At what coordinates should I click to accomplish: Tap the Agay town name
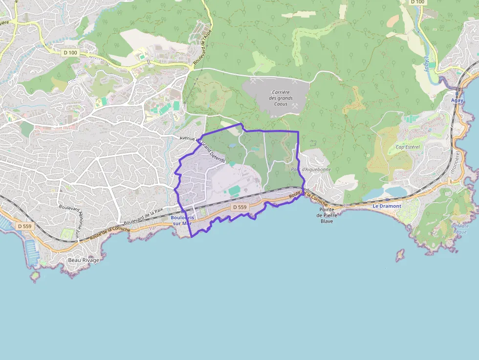(x=457, y=100)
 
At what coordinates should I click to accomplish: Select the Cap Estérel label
(x=408, y=147)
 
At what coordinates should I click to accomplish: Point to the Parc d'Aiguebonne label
(x=311, y=169)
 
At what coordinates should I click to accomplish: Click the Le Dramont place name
(x=387, y=206)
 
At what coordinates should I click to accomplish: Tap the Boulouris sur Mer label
(x=182, y=220)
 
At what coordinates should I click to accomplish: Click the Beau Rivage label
(x=84, y=260)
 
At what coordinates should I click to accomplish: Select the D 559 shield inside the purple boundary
(x=240, y=207)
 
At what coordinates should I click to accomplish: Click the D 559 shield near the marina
(x=24, y=226)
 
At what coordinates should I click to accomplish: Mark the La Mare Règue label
(x=460, y=229)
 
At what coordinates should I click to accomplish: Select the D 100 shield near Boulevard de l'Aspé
(x=70, y=52)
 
